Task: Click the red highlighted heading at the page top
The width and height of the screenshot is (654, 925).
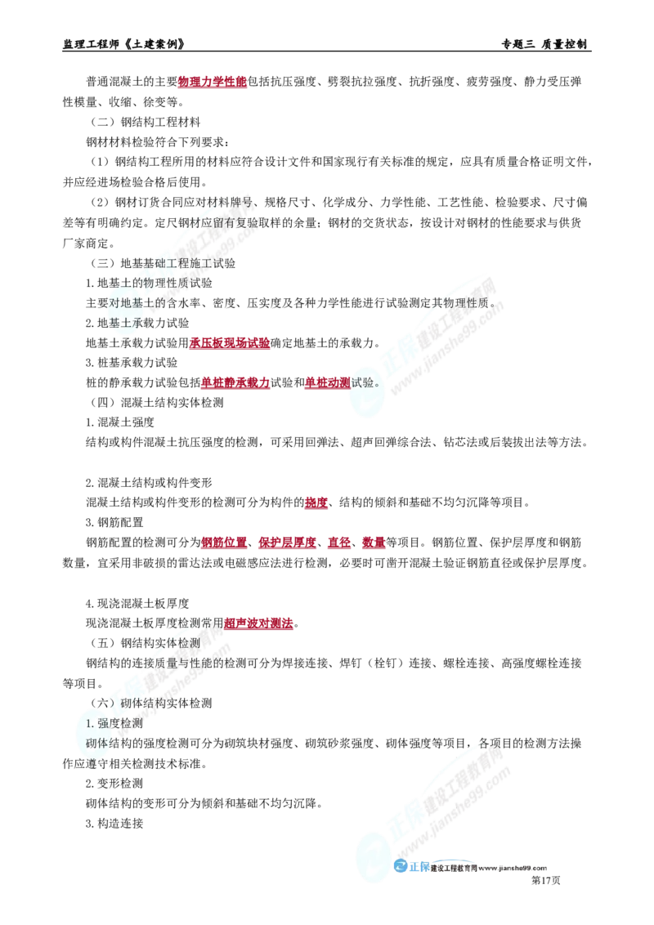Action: pos(213,83)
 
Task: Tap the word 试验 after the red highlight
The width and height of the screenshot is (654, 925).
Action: pos(365,382)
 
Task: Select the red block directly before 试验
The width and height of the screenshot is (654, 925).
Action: pos(325,382)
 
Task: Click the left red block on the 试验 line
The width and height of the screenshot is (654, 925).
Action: pos(235,382)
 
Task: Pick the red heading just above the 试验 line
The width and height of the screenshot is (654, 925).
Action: pos(230,344)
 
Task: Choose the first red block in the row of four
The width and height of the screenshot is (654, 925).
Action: pos(222,543)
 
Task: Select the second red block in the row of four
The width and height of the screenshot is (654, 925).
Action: pos(286,543)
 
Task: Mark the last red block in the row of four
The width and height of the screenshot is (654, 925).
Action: pos(373,543)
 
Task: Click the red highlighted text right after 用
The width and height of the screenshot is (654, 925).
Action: pos(259,623)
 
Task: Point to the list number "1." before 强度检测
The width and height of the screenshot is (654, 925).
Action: pos(91,723)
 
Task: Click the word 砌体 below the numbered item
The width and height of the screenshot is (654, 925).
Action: pos(96,743)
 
